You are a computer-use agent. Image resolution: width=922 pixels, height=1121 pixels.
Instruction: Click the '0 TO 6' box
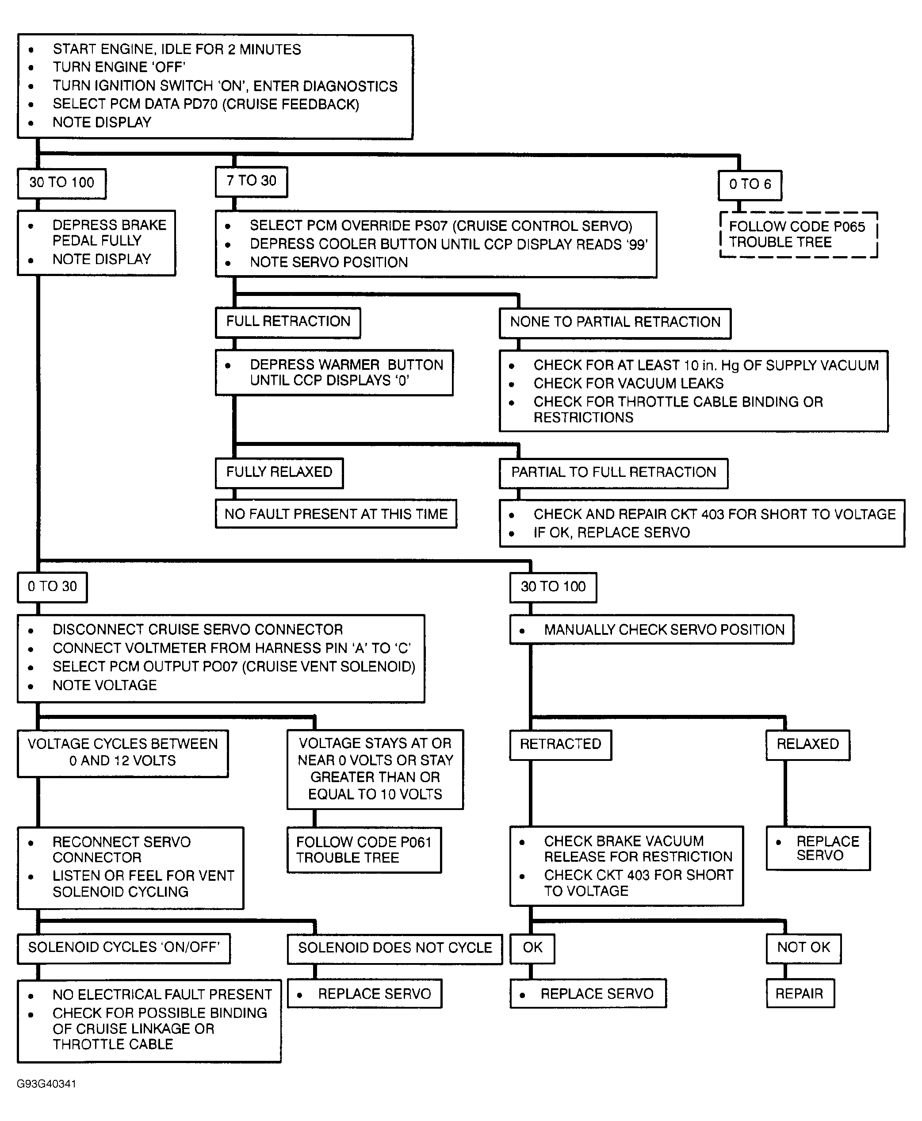click(750, 185)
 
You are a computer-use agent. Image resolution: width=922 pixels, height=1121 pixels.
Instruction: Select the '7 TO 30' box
click(251, 182)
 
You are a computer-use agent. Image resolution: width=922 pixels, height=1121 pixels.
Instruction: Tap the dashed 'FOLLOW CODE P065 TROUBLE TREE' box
click(798, 235)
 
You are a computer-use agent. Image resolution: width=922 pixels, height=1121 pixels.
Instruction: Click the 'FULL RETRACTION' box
click(288, 322)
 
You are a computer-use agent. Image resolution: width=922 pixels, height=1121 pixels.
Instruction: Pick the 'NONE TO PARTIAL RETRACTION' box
click(615, 323)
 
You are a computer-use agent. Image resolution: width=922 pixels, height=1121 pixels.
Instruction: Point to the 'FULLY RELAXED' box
click(279, 473)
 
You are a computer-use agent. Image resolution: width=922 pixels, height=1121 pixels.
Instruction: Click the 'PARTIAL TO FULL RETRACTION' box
click(613, 473)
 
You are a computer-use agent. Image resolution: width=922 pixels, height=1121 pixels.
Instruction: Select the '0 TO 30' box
click(52, 587)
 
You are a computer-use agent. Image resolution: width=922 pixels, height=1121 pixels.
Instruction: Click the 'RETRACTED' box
click(560, 745)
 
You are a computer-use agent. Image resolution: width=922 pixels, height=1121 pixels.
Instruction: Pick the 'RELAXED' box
click(807, 745)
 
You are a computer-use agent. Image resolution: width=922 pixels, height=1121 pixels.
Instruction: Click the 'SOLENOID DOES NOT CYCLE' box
click(394, 948)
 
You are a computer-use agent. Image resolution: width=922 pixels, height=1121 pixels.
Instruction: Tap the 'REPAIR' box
click(800, 994)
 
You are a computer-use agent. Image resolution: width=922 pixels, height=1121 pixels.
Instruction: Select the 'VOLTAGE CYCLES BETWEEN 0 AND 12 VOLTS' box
click(122, 753)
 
